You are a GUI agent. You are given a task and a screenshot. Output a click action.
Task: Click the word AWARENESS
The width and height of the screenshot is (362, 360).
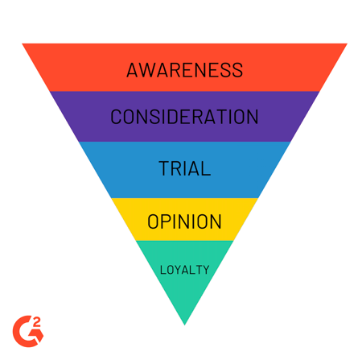point(184,70)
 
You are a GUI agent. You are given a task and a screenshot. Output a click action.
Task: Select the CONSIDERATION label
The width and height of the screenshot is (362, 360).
point(184,117)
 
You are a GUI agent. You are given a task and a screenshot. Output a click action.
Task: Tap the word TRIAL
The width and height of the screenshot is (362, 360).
point(185,168)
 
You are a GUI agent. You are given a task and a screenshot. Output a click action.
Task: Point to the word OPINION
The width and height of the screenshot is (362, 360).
point(184,221)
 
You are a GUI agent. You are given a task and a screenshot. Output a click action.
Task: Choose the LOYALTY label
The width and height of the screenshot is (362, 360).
point(184,270)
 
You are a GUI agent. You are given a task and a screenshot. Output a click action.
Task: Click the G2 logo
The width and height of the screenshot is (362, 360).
point(28,331)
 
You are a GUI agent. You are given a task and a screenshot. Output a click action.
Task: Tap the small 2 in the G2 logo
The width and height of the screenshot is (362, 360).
point(36,322)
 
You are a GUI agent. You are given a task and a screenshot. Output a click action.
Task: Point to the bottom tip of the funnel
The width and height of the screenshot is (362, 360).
point(184,325)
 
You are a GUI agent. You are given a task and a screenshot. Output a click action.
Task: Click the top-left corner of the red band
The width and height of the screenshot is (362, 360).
point(23,43)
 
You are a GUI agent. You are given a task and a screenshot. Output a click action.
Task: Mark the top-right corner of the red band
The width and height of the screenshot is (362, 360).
point(348,43)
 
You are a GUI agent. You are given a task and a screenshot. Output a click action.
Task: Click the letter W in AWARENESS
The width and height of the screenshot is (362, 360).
point(148,70)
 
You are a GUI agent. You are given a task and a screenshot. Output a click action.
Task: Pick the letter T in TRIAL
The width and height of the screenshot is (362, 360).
point(164,168)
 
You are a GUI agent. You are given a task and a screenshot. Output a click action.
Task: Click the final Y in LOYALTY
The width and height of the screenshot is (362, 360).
point(205,270)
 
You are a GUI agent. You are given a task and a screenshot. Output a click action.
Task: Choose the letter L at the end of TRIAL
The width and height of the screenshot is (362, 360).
point(206,168)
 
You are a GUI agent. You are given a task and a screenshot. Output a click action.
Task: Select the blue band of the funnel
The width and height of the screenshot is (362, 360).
point(184,185)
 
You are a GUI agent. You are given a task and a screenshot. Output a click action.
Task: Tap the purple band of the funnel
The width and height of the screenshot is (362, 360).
point(184,131)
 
